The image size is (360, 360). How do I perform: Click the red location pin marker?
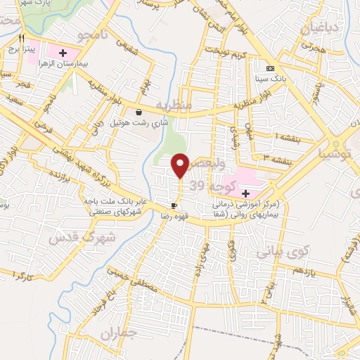pos(181,165)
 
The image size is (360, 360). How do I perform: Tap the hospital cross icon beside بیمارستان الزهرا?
pos(63,53)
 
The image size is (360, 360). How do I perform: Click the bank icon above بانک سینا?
pos(270,67)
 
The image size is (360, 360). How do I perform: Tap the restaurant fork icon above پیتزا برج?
pos(22,39)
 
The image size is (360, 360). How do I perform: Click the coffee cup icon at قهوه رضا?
pos(174,205)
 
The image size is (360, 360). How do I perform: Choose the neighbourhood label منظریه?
pos(173,105)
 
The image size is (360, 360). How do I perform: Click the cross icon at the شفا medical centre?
pos(245,193)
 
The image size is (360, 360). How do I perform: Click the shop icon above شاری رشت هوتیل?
pos(139,112)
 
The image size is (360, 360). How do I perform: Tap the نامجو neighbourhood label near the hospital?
pos(94,34)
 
